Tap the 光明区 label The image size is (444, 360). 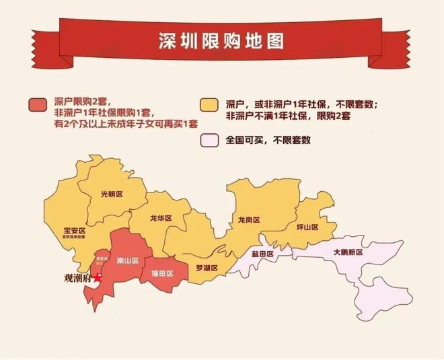(112, 193)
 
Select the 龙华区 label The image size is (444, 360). (161, 219)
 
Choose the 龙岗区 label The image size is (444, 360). (248, 219)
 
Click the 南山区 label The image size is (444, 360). (127, 260)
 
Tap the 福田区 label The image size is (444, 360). (162, 274)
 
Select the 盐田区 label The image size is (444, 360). (262, 254)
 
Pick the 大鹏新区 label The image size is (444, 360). (348, 252)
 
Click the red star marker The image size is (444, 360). (98, 277)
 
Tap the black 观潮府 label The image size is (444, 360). (77, 277)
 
